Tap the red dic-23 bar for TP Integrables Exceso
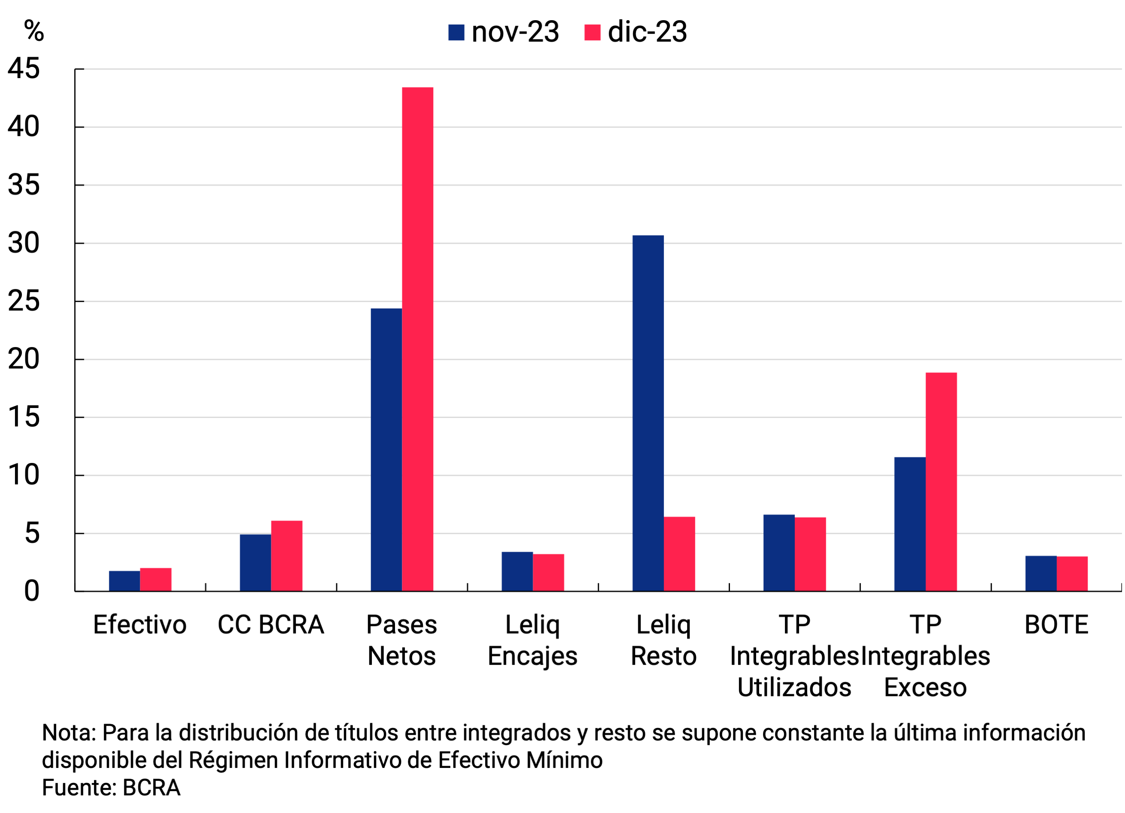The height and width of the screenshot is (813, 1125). tap(941, 482)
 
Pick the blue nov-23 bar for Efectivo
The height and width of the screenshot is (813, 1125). tap(124, 581)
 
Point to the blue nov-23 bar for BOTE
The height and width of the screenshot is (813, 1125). tap(1041, 574)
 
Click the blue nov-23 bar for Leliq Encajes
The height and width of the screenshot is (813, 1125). tap(517, 571)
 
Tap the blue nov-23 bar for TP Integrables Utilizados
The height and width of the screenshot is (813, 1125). tap(779, 553)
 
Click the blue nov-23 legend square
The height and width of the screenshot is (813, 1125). tap(456, 32)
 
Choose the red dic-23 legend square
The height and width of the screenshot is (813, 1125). tap(592, 32)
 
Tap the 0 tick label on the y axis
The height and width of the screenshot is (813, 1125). tap(31, 591)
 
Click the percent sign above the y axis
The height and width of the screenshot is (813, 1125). tap(34, 31)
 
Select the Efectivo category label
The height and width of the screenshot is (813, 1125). tap(140, 625)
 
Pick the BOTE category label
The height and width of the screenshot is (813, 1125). tap(1056, 625)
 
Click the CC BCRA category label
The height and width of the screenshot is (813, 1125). tap(271, 625)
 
